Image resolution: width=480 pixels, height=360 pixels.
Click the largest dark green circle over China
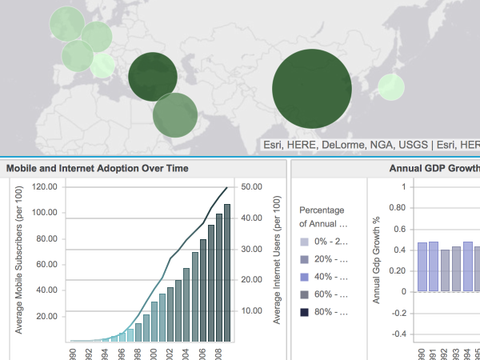(312, 89)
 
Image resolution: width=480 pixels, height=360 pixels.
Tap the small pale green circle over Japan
(390, 87)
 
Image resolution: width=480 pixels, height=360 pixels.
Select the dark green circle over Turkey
(152, 78)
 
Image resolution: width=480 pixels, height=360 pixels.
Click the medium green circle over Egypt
(175, 115)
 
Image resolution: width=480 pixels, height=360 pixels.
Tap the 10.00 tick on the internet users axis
(252, 310)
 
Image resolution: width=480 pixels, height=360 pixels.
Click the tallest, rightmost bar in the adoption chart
(227, 272)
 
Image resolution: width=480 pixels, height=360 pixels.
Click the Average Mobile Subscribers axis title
(18, 264)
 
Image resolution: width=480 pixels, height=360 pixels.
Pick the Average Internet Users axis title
(277, 264)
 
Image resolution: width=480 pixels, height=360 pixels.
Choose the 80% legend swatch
(303, 313)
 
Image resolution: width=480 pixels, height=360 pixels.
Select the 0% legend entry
(324, 242)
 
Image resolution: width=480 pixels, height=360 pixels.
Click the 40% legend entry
(324, 277)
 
